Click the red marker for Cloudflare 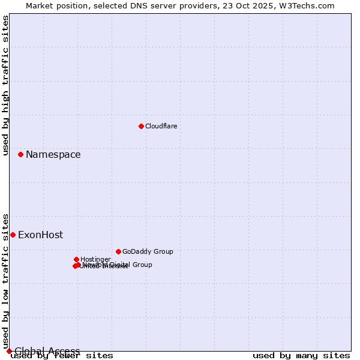pos(141,126)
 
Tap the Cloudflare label pos(161,127)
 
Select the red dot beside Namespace pos(20,154)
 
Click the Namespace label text pos(53,155)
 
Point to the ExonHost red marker pos(13,235)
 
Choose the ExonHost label pos(40,235)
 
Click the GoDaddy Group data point pos(118,251)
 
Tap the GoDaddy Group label pos(147,252)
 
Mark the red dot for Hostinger pos(76,259)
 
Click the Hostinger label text pos(95,259)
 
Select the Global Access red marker pos(9,351)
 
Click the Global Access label pos(47,351)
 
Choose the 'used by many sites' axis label pos(301,356)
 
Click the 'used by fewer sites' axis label pos(62,356)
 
